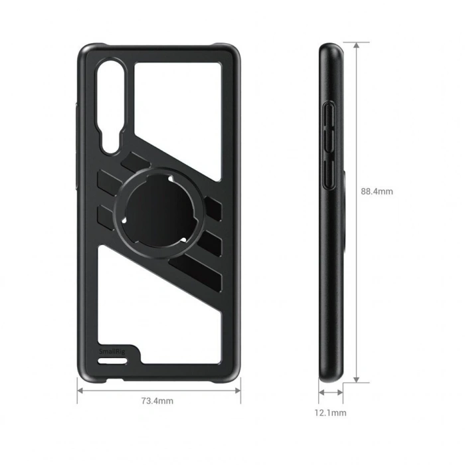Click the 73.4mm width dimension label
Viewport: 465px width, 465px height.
coord(157,401)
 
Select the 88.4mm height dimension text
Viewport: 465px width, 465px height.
coord(377,191)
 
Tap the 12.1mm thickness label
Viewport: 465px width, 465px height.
coord(330,413)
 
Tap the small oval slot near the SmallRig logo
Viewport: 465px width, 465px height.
coord(110,361)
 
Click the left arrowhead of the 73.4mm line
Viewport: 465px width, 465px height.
coord(81,390)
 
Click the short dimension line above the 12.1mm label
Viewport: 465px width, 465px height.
coord(331,393)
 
